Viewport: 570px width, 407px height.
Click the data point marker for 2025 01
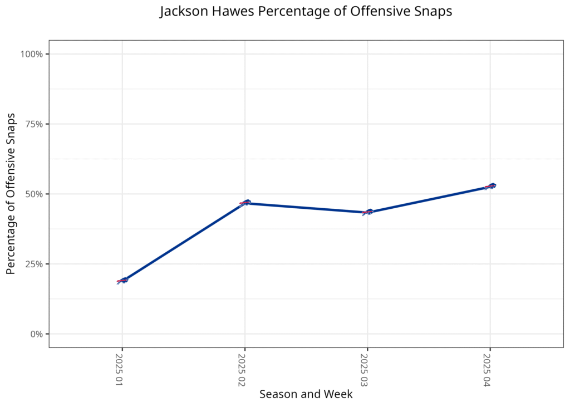(x=122, y=281)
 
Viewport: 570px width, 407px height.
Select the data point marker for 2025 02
(x=245, y=203)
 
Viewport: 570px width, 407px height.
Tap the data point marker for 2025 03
(x=367, y=212)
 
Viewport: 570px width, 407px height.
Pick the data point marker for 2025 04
(x=490, y=186)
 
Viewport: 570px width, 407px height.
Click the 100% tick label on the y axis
(x=31, y=54)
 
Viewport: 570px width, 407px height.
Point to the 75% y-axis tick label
(x=33, y=124)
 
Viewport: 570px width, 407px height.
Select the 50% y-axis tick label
(x=33, y=194)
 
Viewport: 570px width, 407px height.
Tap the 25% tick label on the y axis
(x=33, y=264)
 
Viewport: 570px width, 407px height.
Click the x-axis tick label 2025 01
(x=120, y=370)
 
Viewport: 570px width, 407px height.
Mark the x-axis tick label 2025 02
(x=243, y=370)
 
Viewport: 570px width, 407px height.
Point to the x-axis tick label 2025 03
(x=365, y=370)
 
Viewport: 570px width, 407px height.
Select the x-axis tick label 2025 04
(x=488, y=370)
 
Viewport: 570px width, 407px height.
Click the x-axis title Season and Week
(x=306, y=394)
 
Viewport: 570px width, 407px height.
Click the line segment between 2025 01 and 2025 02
(x=184, y=242)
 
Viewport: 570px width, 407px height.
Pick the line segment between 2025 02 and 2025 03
(x=306, y=208)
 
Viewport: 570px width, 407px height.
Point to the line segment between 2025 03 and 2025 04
(x=429, y=199)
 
